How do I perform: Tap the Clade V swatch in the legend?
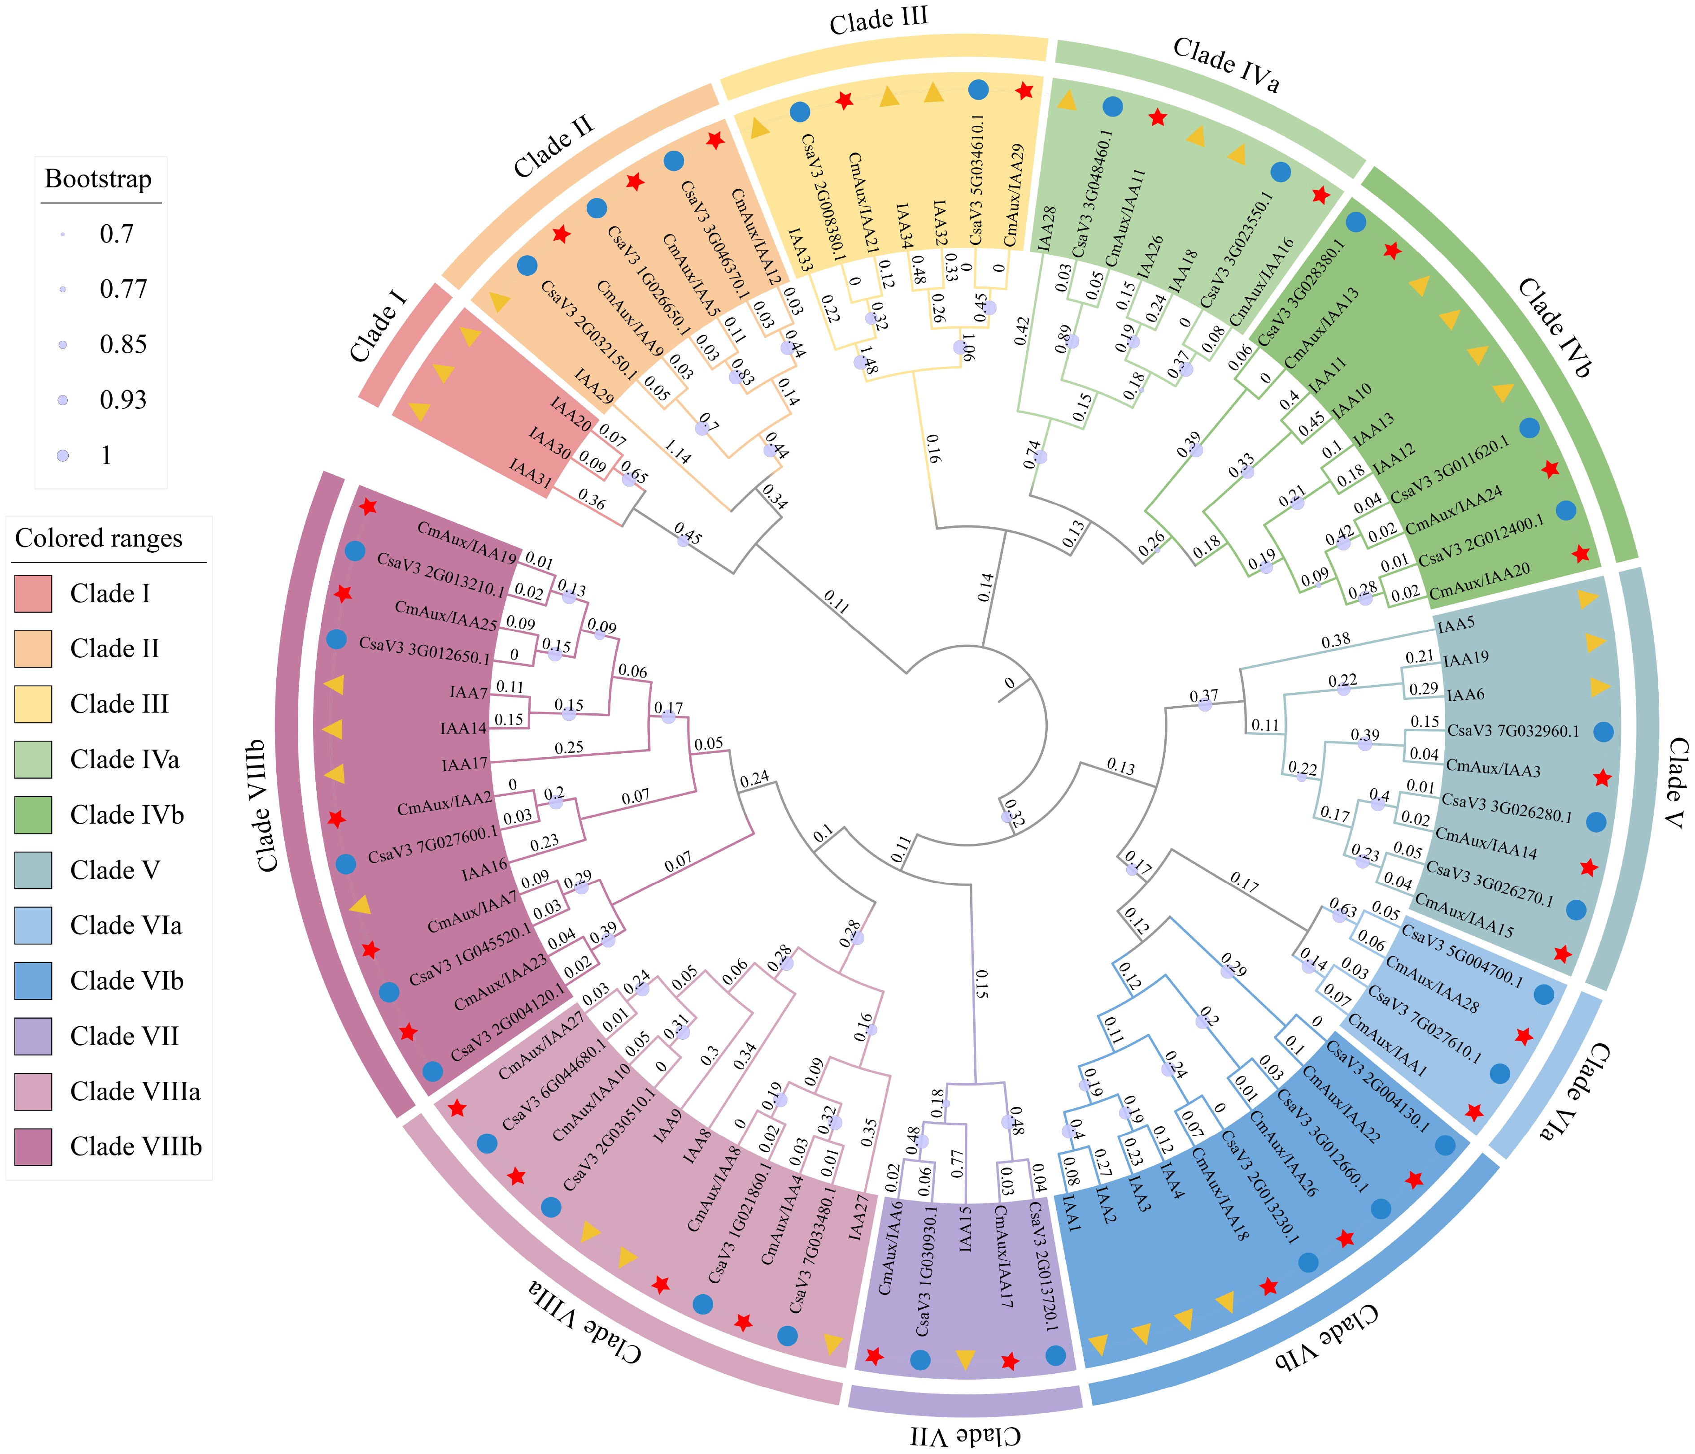[x=33, y=870]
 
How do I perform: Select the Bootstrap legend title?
[x=98, y=179]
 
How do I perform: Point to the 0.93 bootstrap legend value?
[x=123, y=400]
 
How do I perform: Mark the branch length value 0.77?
[x=957, y=1163]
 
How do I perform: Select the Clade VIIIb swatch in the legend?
[x=33, y=1146]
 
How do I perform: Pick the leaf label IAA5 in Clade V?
[x=1456, y=625]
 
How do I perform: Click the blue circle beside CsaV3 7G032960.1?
[x=1603, y=732]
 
